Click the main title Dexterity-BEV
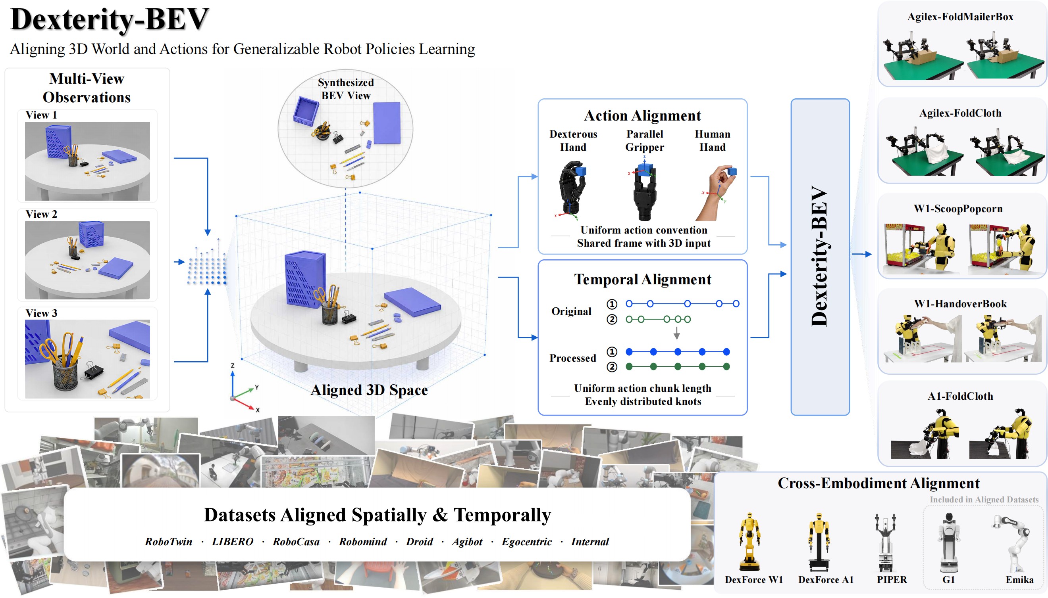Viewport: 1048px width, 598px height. pyautogui.click(x=110, y=20)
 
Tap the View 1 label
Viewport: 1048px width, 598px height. pyautogui.click(x=41, y=115)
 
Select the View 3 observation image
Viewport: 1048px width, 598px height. pyautogui.click(x=87, y=359)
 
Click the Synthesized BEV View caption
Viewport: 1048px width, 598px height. pyautogui.click(x=346, y=89)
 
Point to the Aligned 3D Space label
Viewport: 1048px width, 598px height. pyautogui.click(x=369, y=390)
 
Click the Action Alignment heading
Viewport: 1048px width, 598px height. pyautogui.click(x=642, y=115)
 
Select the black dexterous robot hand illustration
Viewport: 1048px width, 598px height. pyautogui.click(x=572, y=189)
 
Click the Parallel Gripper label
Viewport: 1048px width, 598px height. pyautogui.click(x=644, y=140)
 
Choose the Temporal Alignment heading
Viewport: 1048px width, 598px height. pyautogui.click(x=642, y=279)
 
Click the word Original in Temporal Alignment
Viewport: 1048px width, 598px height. pyautogui.click(x=571, y=311)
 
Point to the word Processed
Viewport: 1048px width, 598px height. pyautogui.click(x=572, y=358)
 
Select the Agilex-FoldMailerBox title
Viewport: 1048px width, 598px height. pyautogui.click(x=960, y=17)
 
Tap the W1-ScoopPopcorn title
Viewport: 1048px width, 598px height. pyautogui.click(x=958, y=209)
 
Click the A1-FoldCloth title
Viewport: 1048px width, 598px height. pyautogui.click(x=960, y=396)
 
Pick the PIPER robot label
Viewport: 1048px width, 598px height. pyautogui.click(x=891, y=579)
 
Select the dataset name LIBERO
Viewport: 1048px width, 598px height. pyautogui.click(x=232, y=542)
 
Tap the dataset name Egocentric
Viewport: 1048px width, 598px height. pyautogui.click(x=526, y=542)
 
